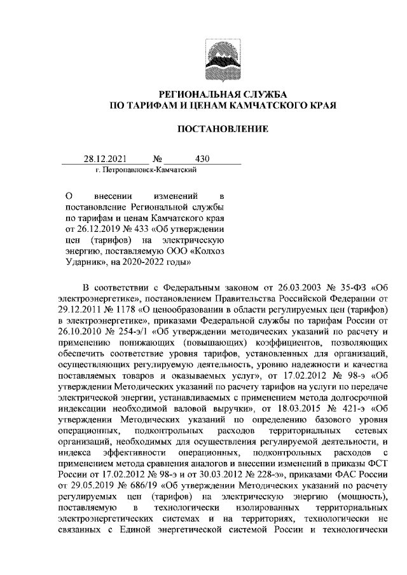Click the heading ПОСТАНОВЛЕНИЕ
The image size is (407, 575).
tap(223, 130)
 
